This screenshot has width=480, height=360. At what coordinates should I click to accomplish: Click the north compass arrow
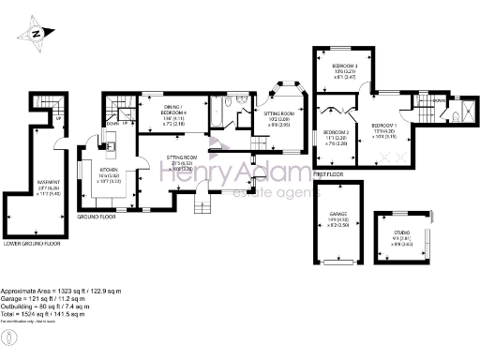37,34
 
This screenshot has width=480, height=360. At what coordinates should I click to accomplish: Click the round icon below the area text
8,336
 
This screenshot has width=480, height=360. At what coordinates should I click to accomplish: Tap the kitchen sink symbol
111,142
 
